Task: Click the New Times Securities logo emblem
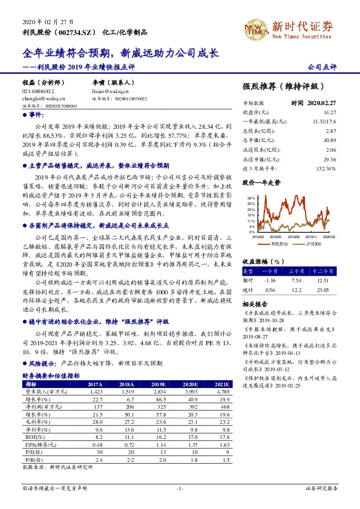pos(255,27)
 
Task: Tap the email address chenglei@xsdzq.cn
pos(41,97)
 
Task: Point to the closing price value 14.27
pos(329,112)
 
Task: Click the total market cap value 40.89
pos(329,140)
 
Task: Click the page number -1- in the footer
pos(180,487)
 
